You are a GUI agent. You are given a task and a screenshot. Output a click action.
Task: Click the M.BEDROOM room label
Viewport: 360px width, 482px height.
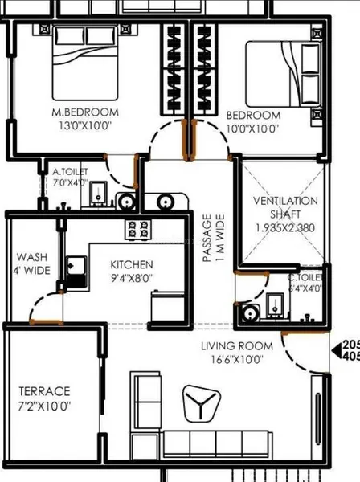click(x=84, y=111)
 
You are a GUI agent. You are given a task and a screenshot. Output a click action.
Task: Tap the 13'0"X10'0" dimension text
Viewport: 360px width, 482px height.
click(x=84, y=127)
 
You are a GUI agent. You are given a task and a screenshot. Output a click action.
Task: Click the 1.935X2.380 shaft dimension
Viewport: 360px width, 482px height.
click(x=285, y=228)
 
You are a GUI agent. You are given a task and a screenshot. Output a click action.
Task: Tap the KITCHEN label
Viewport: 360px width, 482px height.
click(x=132, y=264)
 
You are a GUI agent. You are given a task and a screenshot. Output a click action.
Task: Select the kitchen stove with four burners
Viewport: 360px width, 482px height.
click(x=136, y=228)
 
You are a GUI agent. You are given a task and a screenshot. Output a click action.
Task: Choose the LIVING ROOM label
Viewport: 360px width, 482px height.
click(x=237, y=346)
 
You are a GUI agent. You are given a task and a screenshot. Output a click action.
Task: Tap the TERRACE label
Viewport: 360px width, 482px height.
click(x=44, y=391)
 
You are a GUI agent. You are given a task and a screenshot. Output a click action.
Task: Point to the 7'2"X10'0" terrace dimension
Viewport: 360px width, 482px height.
click(x=44, y=406)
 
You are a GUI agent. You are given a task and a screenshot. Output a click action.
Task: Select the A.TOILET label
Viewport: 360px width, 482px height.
click(x=71, y=171)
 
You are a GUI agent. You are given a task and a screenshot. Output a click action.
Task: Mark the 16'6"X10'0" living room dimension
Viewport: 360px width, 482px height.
click(x=237, y=360)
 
